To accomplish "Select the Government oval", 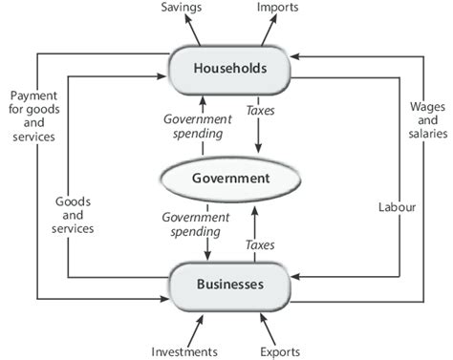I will [229, 178].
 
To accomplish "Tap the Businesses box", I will [229, 284].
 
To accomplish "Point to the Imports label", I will [278, 9].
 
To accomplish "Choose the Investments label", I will [184, 350].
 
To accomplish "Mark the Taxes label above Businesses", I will [259, 245].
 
